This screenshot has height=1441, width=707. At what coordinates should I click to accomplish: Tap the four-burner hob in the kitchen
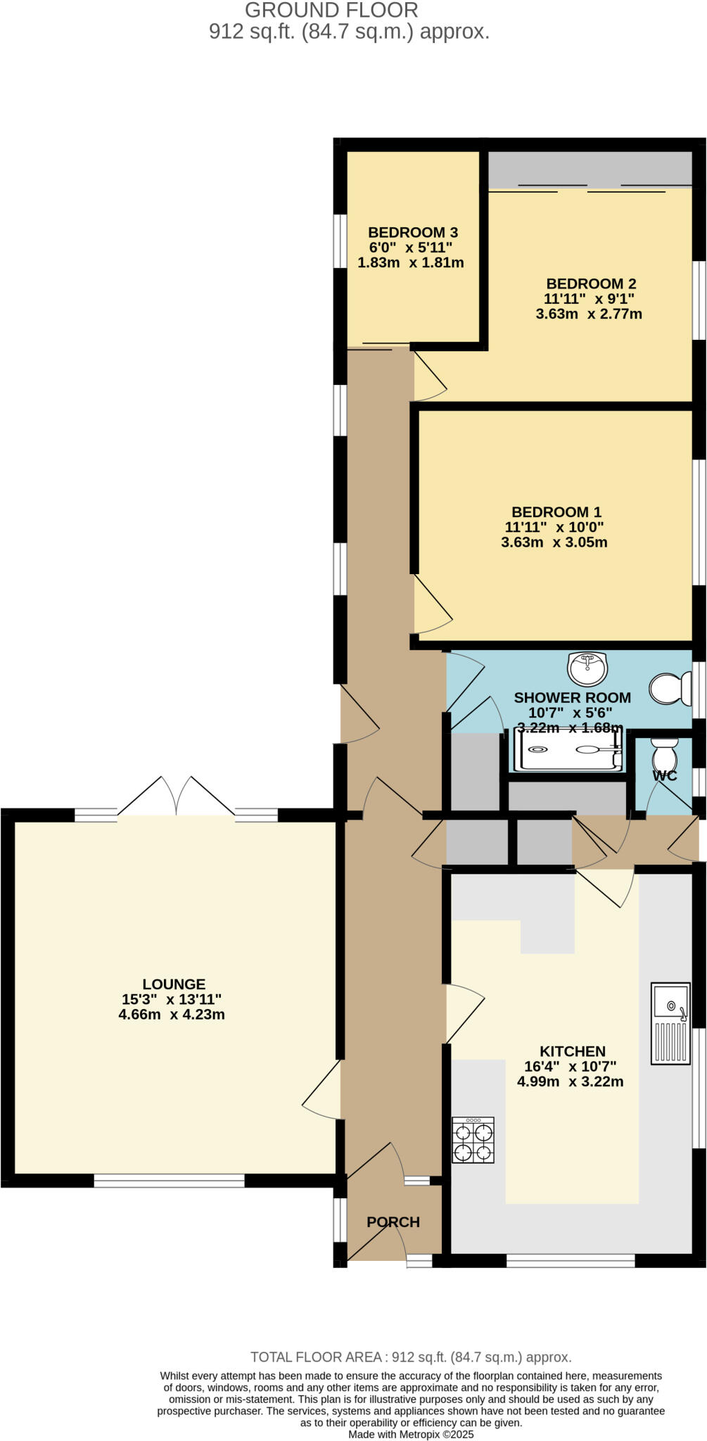[473, 1140]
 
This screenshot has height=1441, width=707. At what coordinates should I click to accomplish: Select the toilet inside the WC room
[664, 756]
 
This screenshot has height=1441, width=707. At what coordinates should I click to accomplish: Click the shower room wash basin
[587, 668]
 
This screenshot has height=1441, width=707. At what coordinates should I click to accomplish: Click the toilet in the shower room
[670, 689]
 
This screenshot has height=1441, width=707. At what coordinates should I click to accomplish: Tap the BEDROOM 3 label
[413, 232]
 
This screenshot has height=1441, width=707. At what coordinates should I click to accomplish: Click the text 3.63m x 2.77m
[589, 314]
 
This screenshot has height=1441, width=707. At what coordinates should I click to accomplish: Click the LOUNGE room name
[174, 984]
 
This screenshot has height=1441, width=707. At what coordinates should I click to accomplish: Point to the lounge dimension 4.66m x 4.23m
[172, 1015]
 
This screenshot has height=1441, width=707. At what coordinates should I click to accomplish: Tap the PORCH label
[393, 1222]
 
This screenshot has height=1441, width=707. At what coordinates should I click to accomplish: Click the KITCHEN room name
[573, 1051]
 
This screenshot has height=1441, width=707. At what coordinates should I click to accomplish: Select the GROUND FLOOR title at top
[331, 10]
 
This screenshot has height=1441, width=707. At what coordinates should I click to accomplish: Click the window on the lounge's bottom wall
[169, 1181]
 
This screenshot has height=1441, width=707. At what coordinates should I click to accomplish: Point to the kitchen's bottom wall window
[571, 1260]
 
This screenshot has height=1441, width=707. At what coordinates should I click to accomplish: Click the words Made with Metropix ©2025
[411, 1434]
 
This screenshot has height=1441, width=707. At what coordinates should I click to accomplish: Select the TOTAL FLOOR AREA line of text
[411, 1357]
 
